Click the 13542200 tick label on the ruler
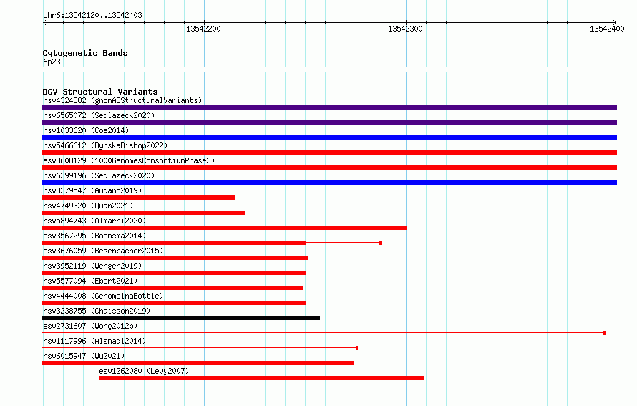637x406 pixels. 203,29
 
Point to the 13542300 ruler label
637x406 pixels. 405,29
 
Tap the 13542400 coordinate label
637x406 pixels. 607,29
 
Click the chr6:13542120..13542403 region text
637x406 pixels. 92,16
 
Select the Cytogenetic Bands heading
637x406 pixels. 85,53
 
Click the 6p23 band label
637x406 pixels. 52,62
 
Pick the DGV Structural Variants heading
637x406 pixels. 100,92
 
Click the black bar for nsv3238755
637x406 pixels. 181,318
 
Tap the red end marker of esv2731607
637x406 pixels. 605,333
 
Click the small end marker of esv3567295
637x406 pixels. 381,243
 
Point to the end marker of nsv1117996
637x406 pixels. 356,348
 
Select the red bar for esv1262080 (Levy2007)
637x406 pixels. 262,378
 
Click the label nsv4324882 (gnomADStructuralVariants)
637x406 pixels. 122,100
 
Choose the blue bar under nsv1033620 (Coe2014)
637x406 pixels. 329,137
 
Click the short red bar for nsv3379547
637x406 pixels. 139,198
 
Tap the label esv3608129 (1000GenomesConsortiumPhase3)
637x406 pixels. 129,160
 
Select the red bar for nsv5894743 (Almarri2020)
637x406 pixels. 224,228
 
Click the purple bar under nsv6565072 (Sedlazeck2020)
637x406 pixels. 329,122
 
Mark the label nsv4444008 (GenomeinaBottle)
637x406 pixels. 103,296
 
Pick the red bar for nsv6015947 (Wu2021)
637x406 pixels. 198,363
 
